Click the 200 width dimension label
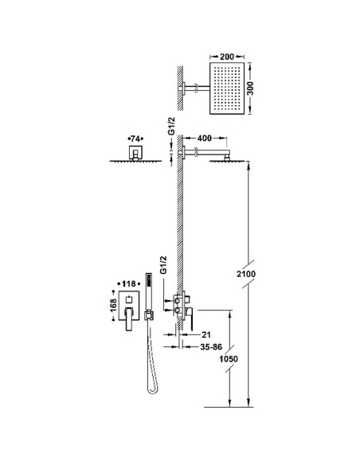click(227, 57)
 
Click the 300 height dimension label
click(251, 88)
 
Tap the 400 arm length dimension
click(205, 139)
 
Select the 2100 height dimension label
click(246, 274)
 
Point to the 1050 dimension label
click(229, 359)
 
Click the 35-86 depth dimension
click(211, 346)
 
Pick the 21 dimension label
click(206, 334)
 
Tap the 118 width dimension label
click(129, 283)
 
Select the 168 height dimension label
click(113, 306)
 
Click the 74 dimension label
click(135, 139)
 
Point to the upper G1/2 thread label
click(172, 126)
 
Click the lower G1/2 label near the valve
click(163, 265)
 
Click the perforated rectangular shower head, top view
click(227, 88)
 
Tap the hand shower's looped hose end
click(153, 389)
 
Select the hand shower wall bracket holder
click(149, 315)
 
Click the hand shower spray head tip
click(149, 278)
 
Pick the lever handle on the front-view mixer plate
click(129, 319)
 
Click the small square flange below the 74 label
click(135, 151)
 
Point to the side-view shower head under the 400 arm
click(227, 161)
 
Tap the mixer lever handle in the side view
click(190, 318)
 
